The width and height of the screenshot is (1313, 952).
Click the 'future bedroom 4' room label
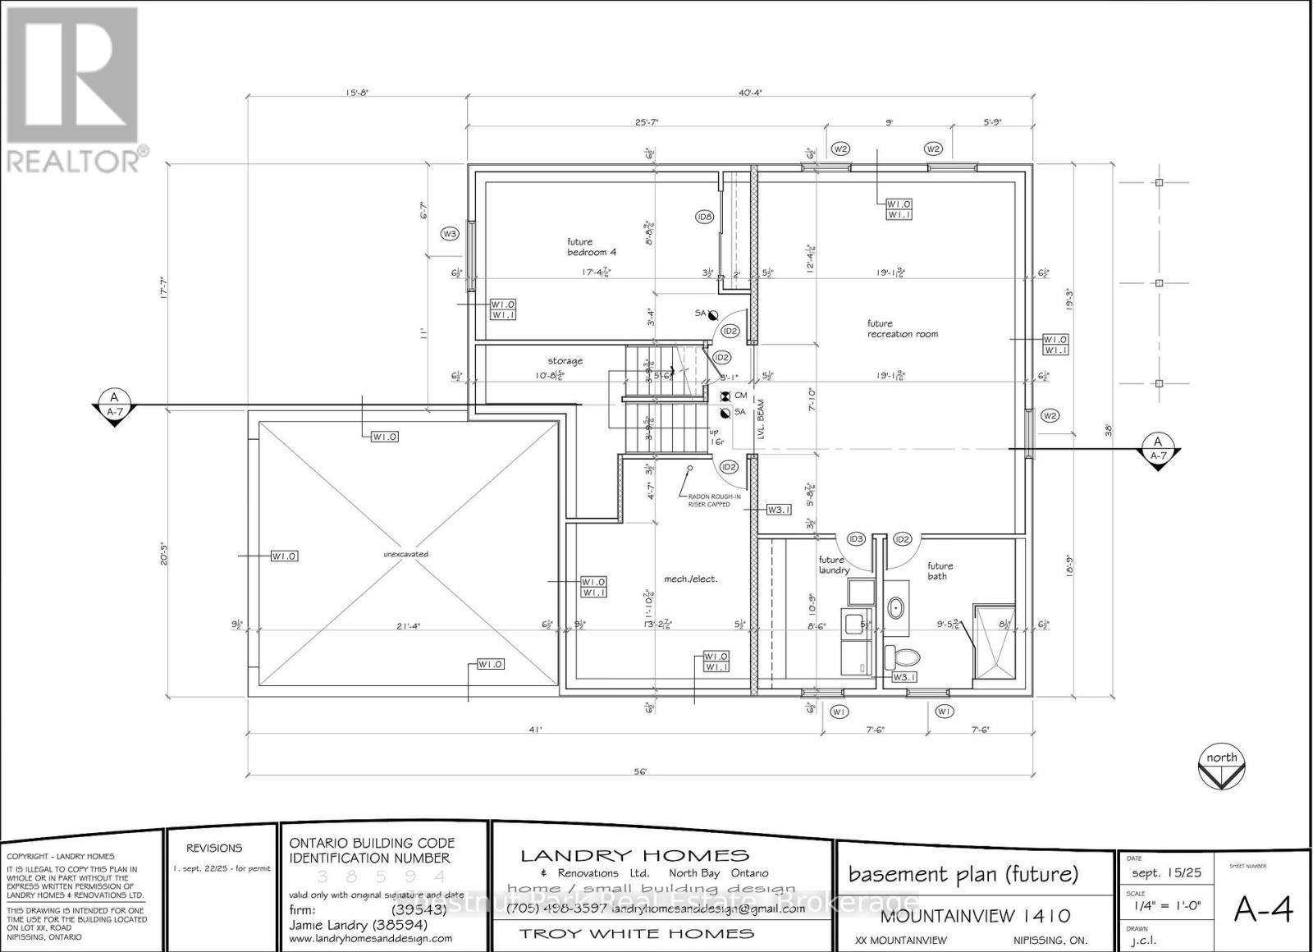pos(591,247)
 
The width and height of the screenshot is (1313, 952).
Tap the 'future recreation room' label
pos(902,328)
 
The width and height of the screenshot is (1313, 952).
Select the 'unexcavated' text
pos(405,554)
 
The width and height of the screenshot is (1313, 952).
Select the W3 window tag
pos(449,234)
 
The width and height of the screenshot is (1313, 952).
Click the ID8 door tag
pos(704,217)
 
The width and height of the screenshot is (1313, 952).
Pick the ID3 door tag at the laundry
pos(856,539)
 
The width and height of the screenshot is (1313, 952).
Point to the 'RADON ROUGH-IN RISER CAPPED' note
pos(707,500)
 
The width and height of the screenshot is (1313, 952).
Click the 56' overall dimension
pos(641,771)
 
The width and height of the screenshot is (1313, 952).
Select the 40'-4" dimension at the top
pos(750,93)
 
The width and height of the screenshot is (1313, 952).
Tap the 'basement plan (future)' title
pos(963,874)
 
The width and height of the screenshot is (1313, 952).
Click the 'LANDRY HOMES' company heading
pos(635,856)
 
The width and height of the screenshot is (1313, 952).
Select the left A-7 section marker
pos(114,406)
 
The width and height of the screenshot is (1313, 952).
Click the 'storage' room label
pos(565,360)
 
